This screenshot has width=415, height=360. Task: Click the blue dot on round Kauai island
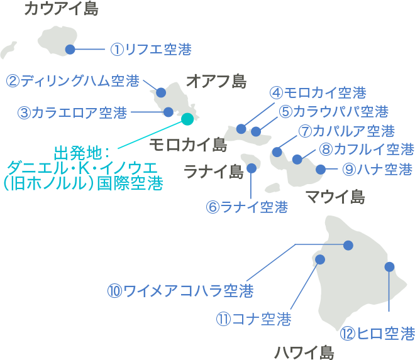[x=70, y=49]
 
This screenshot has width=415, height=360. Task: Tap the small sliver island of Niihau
[x=8, y=49]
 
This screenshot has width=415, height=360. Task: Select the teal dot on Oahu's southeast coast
[x=187, y=119]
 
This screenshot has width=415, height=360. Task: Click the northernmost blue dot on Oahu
[x=161, y=92]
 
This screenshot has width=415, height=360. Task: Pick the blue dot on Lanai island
[x=252, y=168]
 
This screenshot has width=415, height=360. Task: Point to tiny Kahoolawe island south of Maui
[x=273, y=188]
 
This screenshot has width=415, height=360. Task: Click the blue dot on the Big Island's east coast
[x=389, y=267]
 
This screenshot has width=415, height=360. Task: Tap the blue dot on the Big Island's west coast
[x=320, y=259]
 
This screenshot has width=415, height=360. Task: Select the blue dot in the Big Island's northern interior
[x=348, y=245]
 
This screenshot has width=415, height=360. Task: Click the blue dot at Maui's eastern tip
[x=321, y=169]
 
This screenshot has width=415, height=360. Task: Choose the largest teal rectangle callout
[x=84, y=168]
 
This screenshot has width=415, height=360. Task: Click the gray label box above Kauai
[x=62, y=8]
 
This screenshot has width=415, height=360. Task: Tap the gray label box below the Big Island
[x=304, y=352]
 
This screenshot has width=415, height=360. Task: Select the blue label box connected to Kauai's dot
[x=151, y=49]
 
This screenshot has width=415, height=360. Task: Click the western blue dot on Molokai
[x=241, y=129]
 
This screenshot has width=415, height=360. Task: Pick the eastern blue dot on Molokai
[x=256, y=131]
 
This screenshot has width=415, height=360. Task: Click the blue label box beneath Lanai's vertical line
[x=247, y=207]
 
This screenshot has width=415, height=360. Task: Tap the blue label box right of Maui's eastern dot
[x=377, y=169]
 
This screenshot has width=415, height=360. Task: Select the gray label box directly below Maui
[x=335, y=196]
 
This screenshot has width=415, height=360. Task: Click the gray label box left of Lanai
[x=214, y=171]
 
